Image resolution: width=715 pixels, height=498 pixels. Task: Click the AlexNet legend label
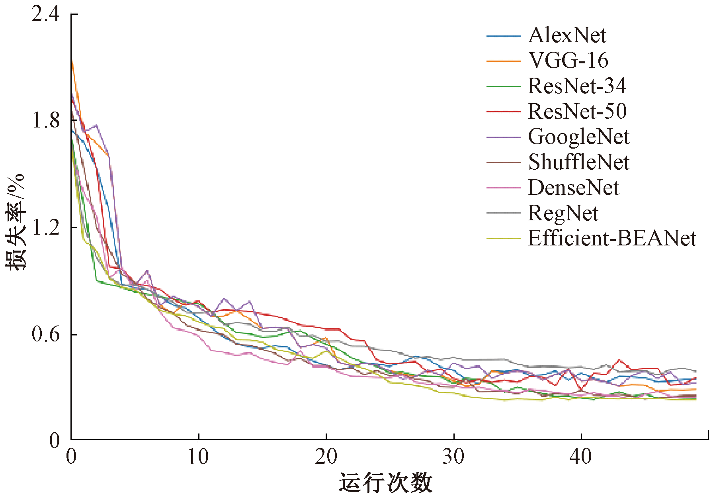tap(567, 35)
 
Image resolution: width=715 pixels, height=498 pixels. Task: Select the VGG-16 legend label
tap(568, 61)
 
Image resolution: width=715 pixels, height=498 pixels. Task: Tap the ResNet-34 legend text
tap(577, 86)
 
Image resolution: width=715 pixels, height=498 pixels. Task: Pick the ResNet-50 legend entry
tap(577, 111)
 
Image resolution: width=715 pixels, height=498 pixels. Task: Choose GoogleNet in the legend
tap(578, 137)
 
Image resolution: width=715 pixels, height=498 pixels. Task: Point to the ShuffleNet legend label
tap(578, 162)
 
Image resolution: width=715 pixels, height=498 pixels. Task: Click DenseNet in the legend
tap(573, 188)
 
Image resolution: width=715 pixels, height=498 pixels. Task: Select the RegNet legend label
tap(563, 213)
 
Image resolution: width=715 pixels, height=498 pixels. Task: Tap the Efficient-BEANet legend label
tap(612, 238)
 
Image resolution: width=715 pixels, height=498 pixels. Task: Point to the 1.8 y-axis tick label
tap(45, 121)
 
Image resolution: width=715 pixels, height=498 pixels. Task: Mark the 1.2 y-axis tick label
tap(45, 227)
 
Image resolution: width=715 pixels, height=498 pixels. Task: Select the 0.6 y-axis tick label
tap(45, 334)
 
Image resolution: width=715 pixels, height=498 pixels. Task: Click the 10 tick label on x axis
tap(198, 457)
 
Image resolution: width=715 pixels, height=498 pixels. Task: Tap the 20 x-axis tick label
tap(326, 457)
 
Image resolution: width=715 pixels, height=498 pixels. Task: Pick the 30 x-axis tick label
tap(453, 457)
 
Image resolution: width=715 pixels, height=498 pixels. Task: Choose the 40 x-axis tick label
tap(581, 457)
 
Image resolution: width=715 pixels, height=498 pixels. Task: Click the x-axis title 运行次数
tap(385, 483)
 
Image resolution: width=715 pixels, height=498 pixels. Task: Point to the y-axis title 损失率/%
tap(15, 222)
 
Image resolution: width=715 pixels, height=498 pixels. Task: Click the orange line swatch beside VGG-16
tap(504, 61)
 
